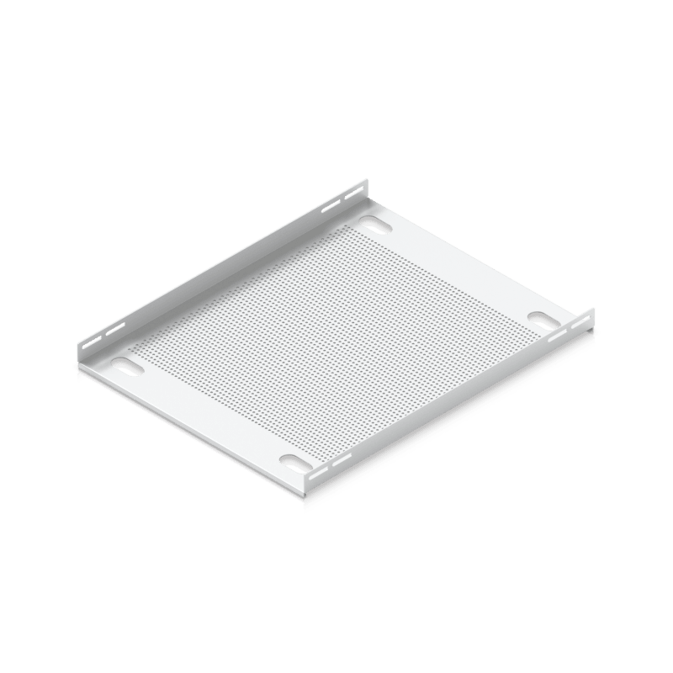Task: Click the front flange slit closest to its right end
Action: [x=580, y=323]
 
